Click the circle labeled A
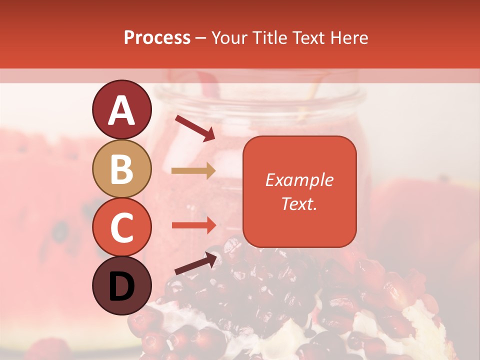click(121, 110)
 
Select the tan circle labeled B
click(121, 169)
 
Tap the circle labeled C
click(121, 227)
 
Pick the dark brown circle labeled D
click(121, 286)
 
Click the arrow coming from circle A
click(194, 127)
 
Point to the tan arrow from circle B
click(193, 170)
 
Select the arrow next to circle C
click(193, 225)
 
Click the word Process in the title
click(157, 38)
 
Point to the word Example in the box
click(299, 180)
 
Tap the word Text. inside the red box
click(299, 203)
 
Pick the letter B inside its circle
click(121, 169)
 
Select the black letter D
click(121, 286)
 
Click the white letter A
click(121, 110)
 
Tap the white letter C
click(121, 228)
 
